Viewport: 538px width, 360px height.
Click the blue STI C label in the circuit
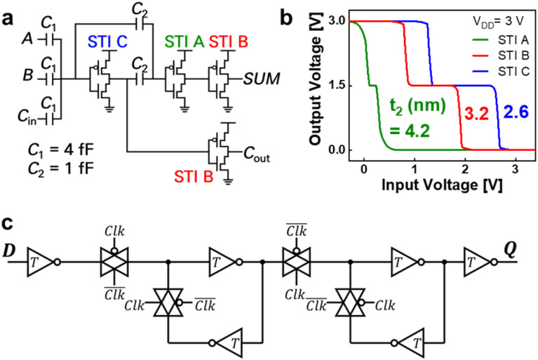[107, 42]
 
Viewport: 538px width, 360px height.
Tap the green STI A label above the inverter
[184, 42]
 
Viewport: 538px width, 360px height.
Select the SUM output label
[262, 79]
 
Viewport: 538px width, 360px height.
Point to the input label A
[27, 39]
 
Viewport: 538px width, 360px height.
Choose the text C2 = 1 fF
[61, 169]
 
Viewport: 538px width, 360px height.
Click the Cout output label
[257, 154]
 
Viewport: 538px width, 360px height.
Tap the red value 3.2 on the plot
[476, 113]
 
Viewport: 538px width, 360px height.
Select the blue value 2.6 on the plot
[516, 112]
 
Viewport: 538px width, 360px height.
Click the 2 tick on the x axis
[465, 170]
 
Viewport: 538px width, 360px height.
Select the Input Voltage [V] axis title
[442, 185]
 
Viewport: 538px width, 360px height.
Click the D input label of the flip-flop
[9, 251]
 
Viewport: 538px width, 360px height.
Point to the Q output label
[509, 251]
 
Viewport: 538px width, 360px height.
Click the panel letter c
[8, 223]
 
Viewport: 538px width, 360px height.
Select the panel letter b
[286, 18]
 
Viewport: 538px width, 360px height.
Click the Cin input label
[27, 117]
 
